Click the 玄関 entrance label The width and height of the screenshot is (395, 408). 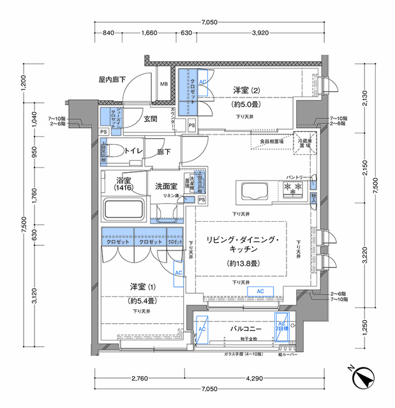(151, 119)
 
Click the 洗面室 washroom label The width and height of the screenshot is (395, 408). (167, 186)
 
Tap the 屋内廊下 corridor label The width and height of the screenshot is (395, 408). (112, 79)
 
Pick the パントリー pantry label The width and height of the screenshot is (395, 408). (298, 177)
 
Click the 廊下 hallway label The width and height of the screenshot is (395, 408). (166, 153)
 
